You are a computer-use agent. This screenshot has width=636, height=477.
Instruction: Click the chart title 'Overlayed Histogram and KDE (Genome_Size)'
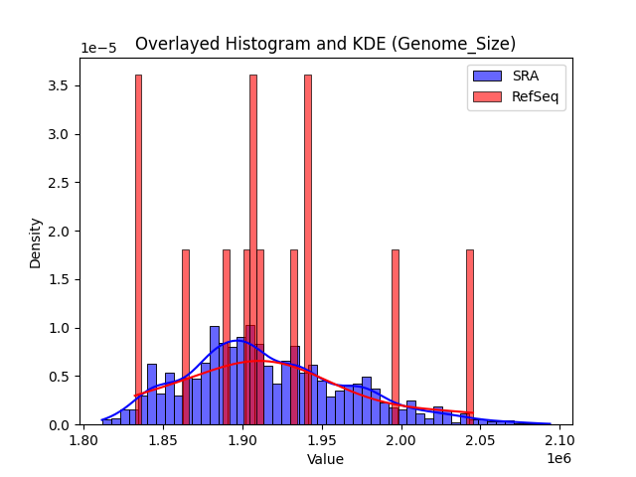tap(325, 44)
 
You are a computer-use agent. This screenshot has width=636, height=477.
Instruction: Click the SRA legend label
tap(526, 76)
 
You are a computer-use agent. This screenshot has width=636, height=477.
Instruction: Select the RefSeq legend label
tap(534, 95)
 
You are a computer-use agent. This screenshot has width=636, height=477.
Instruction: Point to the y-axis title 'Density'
tap(36, 242)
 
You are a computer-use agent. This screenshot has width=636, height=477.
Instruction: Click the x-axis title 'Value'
tap(325, 459)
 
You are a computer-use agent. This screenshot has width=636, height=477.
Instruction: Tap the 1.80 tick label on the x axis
tap(83, 440)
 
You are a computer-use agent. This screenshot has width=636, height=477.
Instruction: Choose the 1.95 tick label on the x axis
tap(321, 440)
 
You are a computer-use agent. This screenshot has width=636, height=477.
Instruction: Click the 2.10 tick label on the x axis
tap(559, 440)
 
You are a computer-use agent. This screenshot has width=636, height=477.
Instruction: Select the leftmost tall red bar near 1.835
tap(138, 248)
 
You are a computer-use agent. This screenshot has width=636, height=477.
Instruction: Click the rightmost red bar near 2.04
tap(470, 338)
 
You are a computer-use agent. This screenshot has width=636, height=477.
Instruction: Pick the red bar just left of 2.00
tap(395, 338)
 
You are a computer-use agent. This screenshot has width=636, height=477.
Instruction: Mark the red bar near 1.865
tap(186, 338)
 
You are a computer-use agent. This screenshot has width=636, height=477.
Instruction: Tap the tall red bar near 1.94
tap(308, 248)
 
